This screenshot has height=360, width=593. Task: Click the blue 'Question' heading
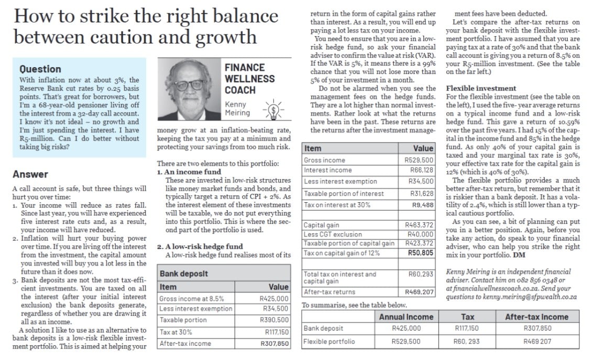tap(40, 69)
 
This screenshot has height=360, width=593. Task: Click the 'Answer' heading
tap(30, 174)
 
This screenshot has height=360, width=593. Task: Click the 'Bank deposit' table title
tap(184, 274)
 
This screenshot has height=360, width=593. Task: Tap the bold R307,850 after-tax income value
tap(274, 344)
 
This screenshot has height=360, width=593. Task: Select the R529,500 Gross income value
tap(419, 160)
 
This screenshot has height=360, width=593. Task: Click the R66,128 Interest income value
tap(422, 170)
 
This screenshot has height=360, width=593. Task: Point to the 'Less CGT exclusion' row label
tap(333, 234)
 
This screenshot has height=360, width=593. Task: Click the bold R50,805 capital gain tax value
tap(421, 253)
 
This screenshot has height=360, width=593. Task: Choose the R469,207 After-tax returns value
tap(419, 291)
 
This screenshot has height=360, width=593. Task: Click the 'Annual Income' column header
tap(406, 317)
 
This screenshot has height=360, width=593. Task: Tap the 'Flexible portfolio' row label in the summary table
tap(329, 342)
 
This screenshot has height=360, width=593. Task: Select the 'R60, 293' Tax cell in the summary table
tap(467, 342)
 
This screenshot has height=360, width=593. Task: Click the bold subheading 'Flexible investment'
tap(481, 89)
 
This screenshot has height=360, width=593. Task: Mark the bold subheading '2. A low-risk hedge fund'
tap(200, 246)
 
